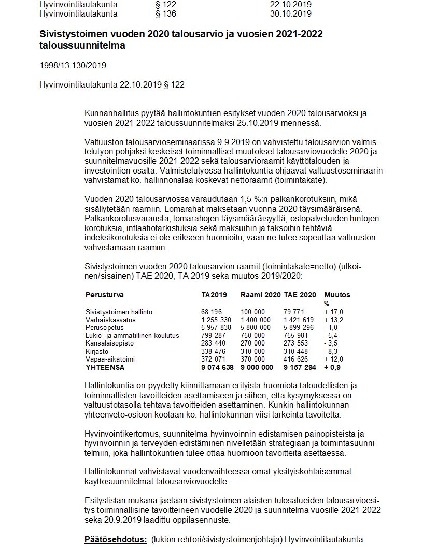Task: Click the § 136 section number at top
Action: tap(166, 13)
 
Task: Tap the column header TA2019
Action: tap(214, 295)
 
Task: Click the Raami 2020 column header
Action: tap(260, 295)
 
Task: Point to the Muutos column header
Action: tap(337, 295)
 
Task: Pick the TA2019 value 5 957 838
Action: tap(216, 327)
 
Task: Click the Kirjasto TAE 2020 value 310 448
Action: tap(299, 351)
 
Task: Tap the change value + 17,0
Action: tap(334, 312)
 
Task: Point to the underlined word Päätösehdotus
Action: tap(116, 539)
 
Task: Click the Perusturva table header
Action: tap(105, 295)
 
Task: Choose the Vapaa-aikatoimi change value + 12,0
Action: tap(334, 359)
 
